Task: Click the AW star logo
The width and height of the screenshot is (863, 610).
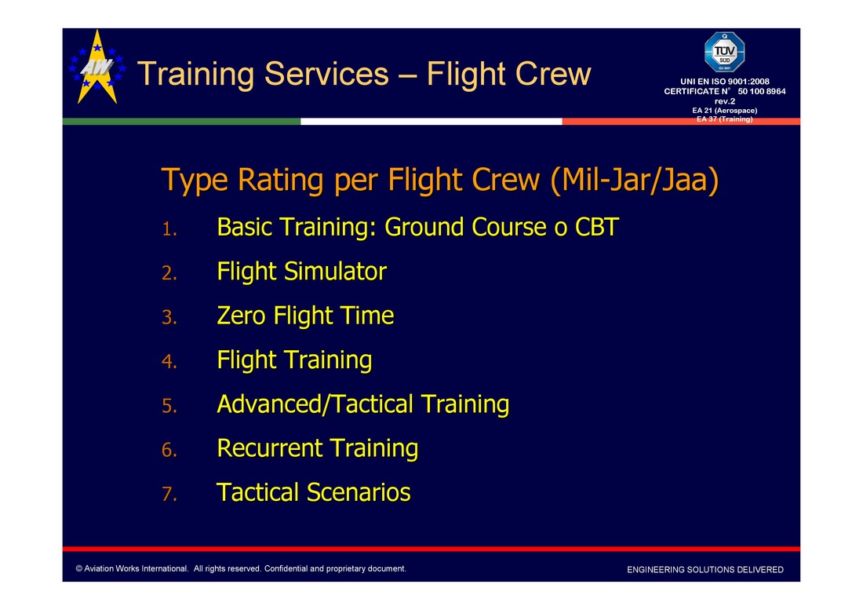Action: (x=97, y=68)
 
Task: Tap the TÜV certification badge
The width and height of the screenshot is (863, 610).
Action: (x=724, y=53)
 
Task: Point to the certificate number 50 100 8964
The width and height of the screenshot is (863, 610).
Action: (x=762, y=91)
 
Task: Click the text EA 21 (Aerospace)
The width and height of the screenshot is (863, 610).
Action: (x=724, y=111)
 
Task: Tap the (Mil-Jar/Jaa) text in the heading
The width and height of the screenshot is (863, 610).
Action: (x=635, y=180)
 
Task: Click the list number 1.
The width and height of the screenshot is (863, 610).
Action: (x=169, y=229)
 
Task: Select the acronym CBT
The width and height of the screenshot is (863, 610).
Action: (x=596, y=227)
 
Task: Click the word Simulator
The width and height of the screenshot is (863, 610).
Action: (x=335, y=272)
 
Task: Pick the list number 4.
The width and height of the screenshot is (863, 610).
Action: (x=169, y=362)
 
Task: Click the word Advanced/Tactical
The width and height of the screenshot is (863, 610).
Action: (x=315, y=404)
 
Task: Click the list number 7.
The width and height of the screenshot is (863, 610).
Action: (x=169, y=495)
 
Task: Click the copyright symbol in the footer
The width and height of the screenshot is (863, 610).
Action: (x=79, y=568)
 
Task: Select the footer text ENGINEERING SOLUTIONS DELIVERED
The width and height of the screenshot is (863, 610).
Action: (x=705, y=570)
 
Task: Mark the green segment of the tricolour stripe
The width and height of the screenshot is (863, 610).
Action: (x=182, y=122)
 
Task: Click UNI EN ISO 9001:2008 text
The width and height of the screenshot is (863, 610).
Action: (x=724, y=82)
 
